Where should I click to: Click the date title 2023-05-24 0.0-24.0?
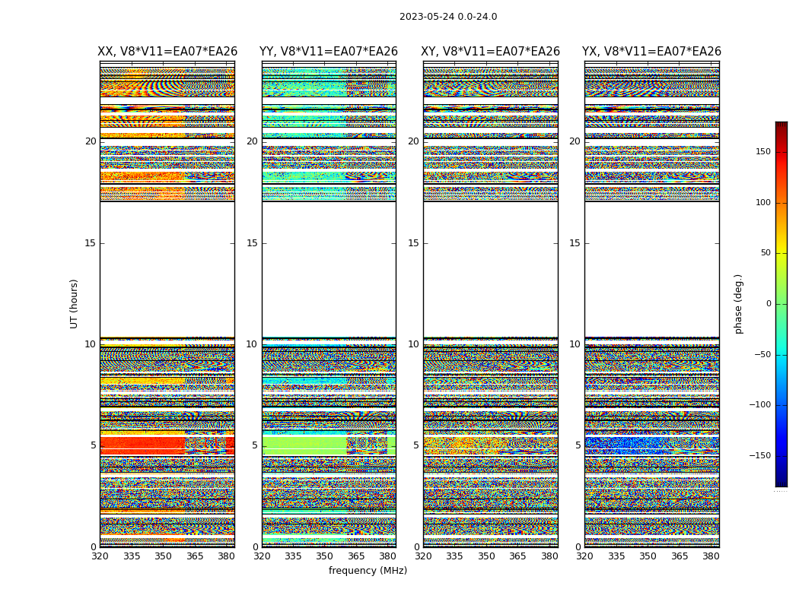448,17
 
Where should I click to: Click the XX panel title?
167,52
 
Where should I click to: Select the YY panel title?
329,52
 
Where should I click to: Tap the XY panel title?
491,52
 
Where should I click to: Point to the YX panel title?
651,52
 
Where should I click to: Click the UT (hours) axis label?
75,303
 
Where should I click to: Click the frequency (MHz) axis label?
368,571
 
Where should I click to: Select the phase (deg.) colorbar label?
738,303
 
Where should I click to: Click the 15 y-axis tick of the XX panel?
91,243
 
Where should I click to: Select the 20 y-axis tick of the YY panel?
252,141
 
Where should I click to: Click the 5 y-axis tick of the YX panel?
578,445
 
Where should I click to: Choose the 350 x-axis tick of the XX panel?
163,556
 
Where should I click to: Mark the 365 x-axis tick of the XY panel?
517,556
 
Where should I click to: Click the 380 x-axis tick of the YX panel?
711,556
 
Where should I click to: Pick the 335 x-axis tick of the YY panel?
293,556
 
